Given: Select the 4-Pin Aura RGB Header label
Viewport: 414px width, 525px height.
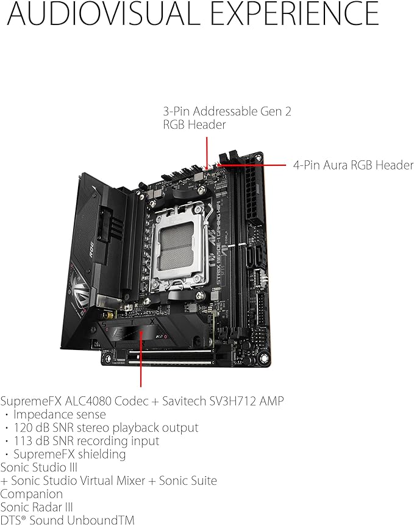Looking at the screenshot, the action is click(353, 165).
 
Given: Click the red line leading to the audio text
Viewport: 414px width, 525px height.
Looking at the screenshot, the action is click(141, 359).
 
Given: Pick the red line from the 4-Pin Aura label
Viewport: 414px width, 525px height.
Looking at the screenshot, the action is click(252, 165).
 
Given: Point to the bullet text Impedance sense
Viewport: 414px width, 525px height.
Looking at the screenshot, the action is click(60, 414).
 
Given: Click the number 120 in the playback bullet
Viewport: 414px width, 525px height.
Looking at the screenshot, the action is click(23, 427).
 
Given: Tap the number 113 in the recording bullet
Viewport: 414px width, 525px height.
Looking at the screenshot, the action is click(23, 441).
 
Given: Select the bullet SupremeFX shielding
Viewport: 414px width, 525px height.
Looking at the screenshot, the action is click(70, 454).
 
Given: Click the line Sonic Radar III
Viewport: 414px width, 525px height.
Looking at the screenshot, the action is click(37, 507).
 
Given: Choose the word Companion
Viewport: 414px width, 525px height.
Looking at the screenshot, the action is click(32, 494).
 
